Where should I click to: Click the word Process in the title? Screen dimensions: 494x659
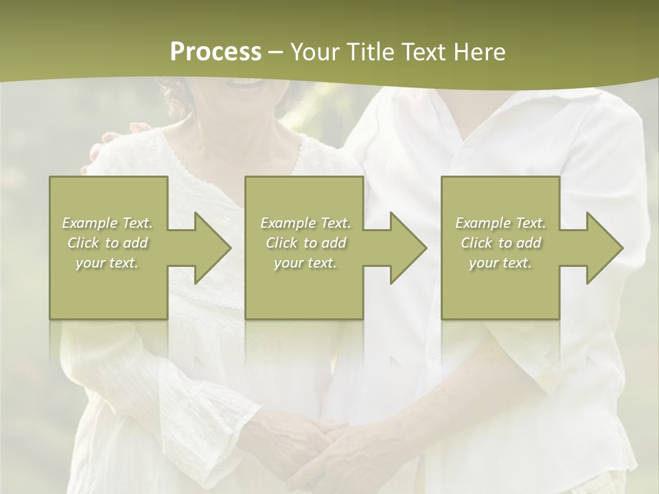pos(216,51)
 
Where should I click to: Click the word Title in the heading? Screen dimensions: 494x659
pos(368,51)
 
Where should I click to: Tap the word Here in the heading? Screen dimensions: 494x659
pos(479,51)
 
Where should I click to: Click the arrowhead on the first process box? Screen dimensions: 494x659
pos(209,248)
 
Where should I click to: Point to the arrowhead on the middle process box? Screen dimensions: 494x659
pos(405,248)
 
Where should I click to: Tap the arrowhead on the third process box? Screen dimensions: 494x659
pos(601,248)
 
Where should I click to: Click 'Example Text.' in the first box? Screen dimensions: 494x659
pos(107,223)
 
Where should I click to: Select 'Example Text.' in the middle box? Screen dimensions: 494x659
pos(305,223)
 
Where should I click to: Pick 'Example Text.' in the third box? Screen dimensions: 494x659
pos(500,223)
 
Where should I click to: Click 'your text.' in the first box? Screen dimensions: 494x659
pos(107,263)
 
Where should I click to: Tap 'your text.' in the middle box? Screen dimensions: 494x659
pos(305,263)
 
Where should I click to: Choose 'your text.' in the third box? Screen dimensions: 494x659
pos(500,263)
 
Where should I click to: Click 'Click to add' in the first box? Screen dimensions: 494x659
pos(107,243)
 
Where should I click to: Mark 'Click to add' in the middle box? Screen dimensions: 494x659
pos(305,243)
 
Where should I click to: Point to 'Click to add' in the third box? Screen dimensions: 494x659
pos(500,243)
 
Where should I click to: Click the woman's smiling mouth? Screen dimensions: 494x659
pos(247,82)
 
